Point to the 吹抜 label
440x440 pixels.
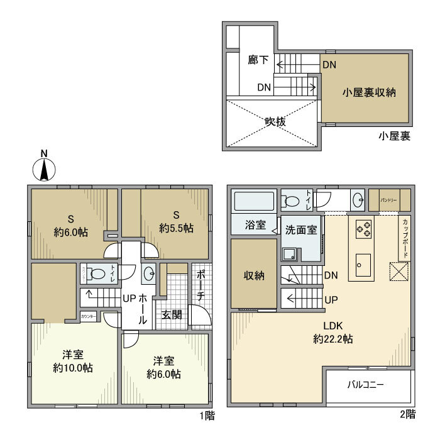[275, 122]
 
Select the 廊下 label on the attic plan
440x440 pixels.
[258, 60]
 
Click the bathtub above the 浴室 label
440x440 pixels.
[254, 202]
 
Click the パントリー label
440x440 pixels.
[387, 199]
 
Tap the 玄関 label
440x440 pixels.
[172, 314]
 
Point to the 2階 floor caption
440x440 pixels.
[407, 414]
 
